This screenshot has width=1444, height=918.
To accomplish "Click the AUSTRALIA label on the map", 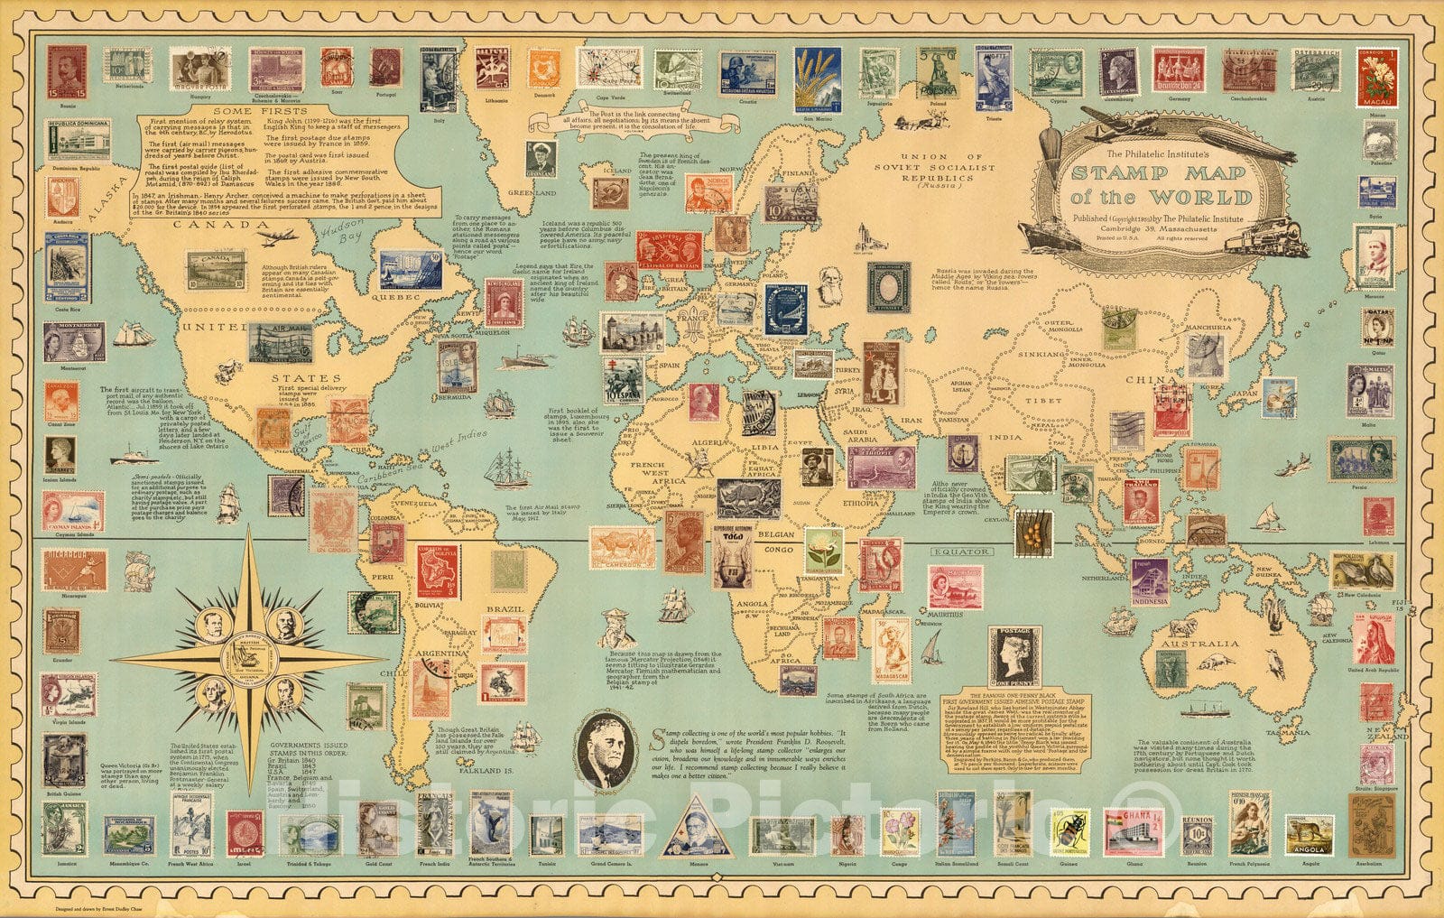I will click(1201, 644).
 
